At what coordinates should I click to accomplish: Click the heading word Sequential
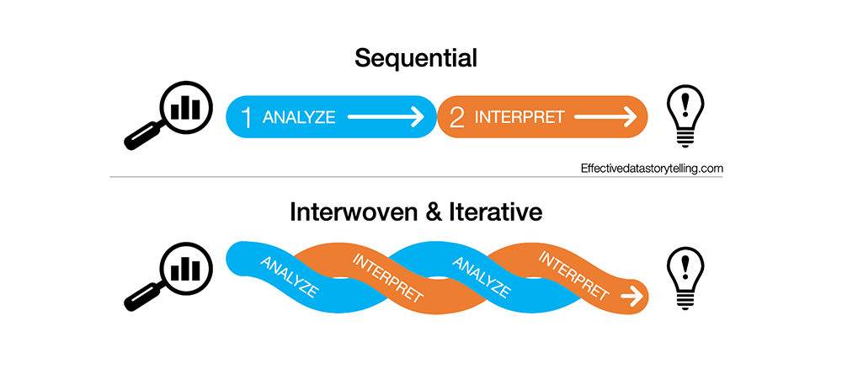click(x=416, y=58)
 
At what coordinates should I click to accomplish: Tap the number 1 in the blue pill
click(x=246, y=117)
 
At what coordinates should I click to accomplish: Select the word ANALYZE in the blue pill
click(x=299, y=117)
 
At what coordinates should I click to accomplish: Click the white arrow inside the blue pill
click(x=386, y=117)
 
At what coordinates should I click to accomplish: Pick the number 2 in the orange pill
click(x=457, y=117)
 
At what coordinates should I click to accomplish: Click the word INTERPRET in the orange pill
click(x=520, y=117)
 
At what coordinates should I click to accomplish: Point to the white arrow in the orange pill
click(x=605, y=117)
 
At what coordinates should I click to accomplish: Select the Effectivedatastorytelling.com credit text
click(x=652, y=169)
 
